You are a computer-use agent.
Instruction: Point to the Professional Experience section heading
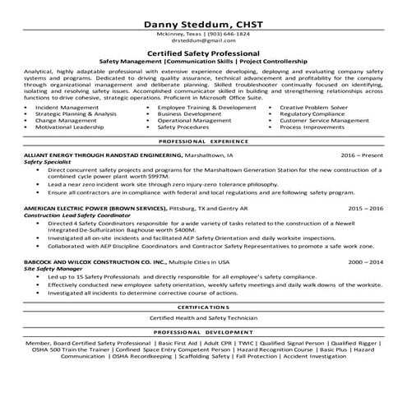[203, 141]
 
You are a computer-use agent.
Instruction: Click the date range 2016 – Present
[365, 154]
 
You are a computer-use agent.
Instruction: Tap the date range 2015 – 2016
[365, 210]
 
